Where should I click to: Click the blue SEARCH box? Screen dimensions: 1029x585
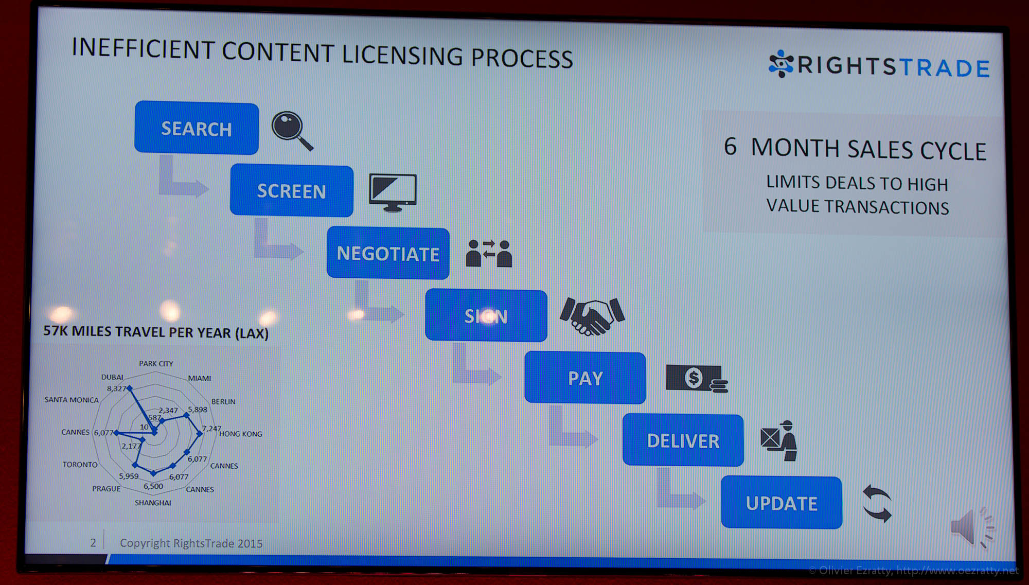pos(197,128)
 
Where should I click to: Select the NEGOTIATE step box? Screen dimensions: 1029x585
pos(388,253)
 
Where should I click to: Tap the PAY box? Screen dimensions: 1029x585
pos(585,378)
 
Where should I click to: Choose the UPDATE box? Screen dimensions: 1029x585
pos(782,503)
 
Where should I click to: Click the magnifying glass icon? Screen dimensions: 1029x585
pos(292,131)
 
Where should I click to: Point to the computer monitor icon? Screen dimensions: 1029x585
pos(393,192)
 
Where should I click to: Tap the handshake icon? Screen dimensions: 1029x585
pos(592,315)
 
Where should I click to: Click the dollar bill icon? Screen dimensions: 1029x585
pos(697,379)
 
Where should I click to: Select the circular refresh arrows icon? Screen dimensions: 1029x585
pos(877,503)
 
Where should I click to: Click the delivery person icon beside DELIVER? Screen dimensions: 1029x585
pos(779,440)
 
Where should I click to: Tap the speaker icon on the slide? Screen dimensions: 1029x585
pos(972,527)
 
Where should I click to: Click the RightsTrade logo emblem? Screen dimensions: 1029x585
pos(782,64)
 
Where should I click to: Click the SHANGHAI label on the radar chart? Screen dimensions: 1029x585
pos(153,503)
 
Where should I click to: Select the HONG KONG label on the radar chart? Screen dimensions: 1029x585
pos(241,434)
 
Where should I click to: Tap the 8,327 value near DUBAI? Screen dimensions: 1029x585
pos(116,388)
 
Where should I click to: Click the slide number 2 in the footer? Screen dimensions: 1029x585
pos(93,542)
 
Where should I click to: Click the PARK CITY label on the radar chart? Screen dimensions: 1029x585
pos(156,363)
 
